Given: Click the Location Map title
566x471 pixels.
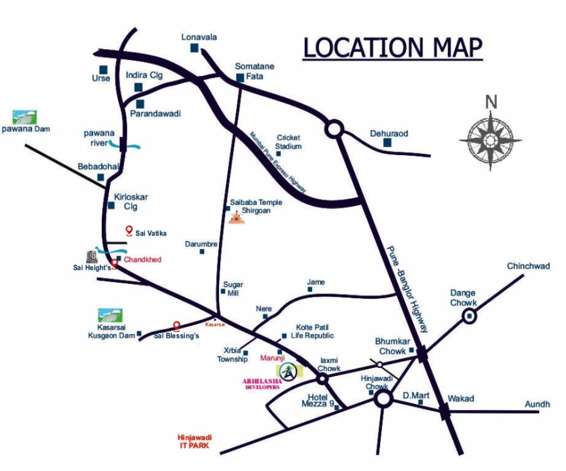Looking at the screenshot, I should tap(393, 48).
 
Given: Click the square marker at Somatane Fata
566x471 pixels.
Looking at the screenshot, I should tap(240, 78).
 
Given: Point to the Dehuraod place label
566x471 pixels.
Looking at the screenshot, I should tap(389, 133).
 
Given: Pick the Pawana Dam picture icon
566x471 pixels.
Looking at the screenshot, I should tap(25, 117).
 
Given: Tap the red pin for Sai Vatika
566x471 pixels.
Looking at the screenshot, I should tap(129, 231).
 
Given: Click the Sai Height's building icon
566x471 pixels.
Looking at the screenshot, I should tap(91, 256).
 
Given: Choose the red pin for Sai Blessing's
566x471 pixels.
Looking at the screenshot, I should tap(177, 326).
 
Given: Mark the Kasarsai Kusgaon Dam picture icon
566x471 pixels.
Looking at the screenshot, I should tap(110, 315).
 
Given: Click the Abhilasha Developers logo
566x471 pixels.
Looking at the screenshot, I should tap(288, 371).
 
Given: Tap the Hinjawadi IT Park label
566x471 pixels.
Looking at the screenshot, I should tap(194, 441).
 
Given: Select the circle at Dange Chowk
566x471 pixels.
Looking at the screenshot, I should tap(470, 316).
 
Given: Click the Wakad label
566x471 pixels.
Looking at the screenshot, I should tap(461, 399).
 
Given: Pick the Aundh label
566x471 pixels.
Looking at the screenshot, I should tap(537, 404).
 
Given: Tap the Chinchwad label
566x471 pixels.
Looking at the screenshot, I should tap(528, 266).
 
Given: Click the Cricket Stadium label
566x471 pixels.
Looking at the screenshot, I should tap(289, 142).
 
